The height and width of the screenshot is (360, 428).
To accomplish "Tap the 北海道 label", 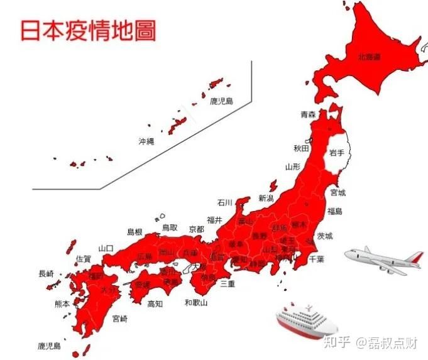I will click(x=369, y=57).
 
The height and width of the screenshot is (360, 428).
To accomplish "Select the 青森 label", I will click(x=309, y=115).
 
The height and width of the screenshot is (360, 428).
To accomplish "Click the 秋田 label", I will click(x=301, y=148).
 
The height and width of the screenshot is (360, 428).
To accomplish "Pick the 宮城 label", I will click(x=337, y=193).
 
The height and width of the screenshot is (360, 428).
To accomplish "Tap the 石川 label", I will click(x=225, y=202).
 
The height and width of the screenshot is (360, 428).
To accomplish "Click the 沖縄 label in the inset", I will click(x=146, y=141).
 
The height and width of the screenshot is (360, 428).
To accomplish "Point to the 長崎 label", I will click(x=47, y=273).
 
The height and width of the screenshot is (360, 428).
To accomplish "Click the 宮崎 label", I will click(x=119, y=319).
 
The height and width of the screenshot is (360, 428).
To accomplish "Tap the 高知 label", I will click(x=155, y=303).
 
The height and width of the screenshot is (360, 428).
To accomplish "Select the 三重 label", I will click(x=228, y=283).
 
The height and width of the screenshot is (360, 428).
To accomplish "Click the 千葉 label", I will click(x=316, y=259).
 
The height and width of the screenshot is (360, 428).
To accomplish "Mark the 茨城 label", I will click(x=325, y=236).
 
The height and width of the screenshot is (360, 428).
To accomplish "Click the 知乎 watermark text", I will click(x=334, y=342).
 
